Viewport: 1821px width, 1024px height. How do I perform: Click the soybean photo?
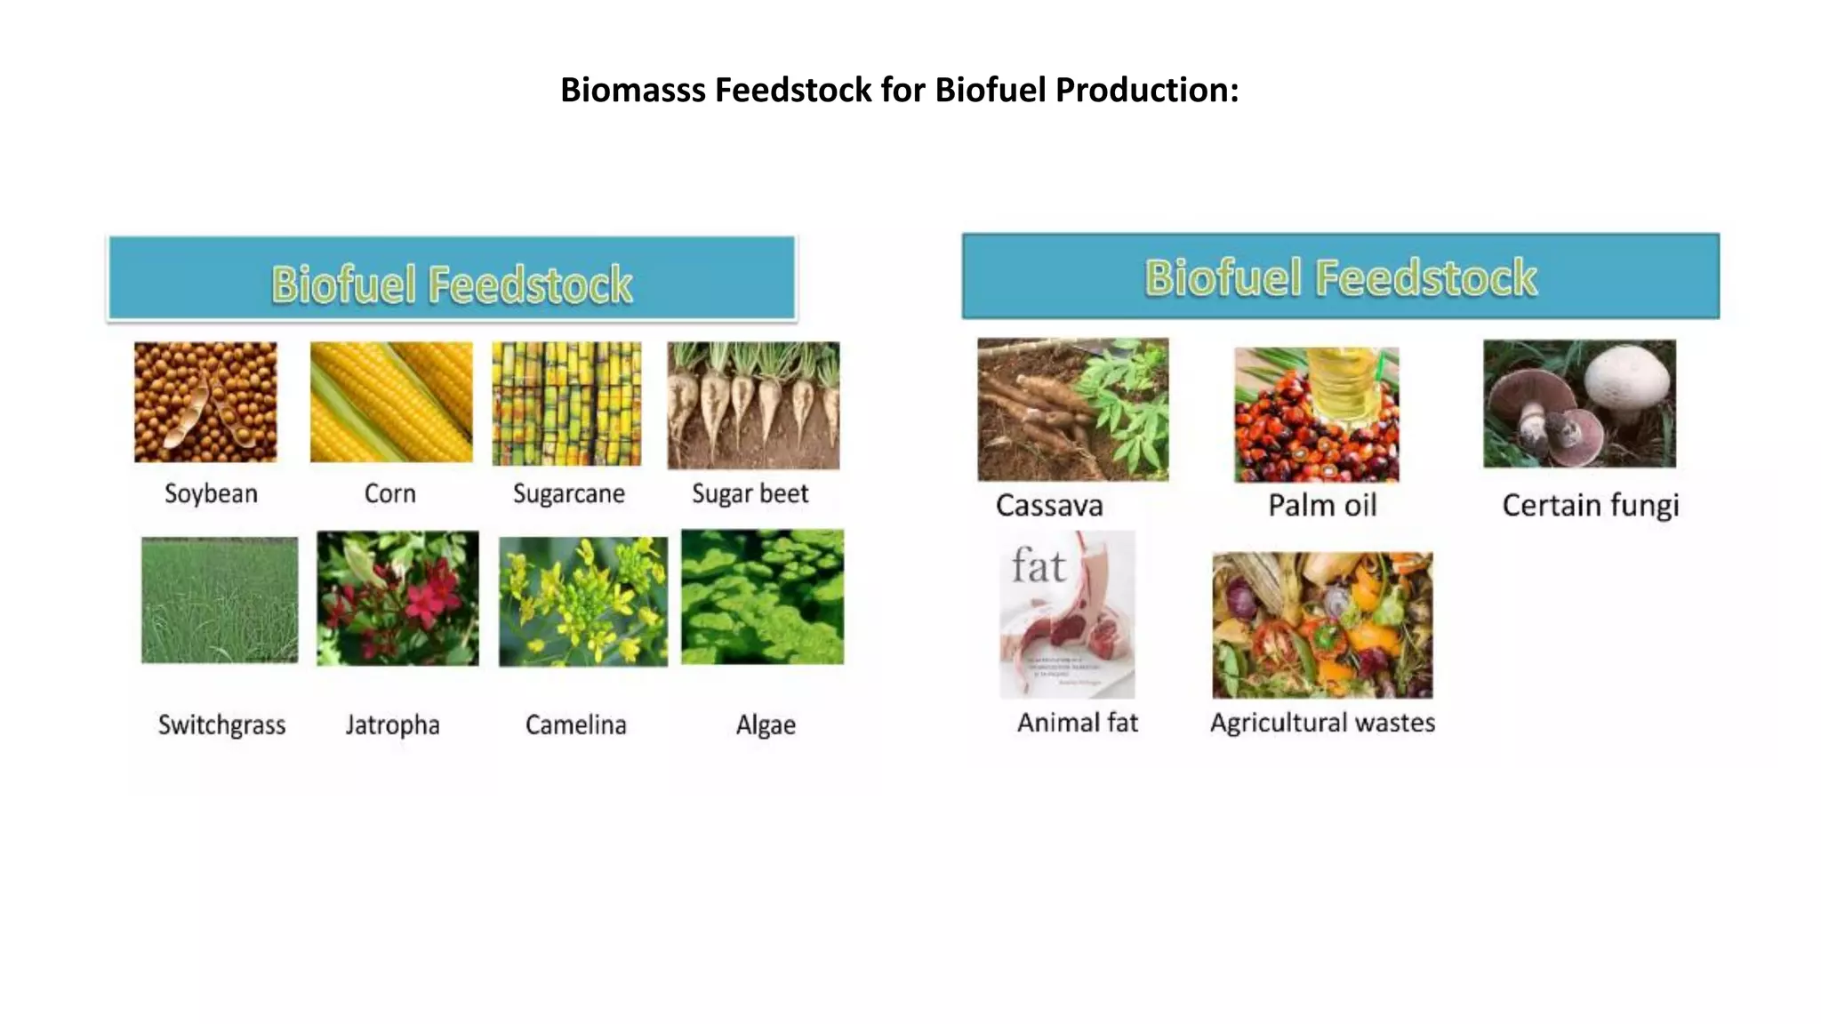click(205, 402)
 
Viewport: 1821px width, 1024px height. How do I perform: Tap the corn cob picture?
click(391, 402)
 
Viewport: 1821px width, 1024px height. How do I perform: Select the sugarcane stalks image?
click(566, 403)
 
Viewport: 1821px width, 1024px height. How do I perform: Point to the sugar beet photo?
click(753, 404)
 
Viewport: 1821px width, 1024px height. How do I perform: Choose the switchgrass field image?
click(220, 599)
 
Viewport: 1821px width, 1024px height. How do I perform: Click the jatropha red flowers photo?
click(397, 598)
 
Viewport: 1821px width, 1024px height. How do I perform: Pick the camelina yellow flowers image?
click(583, 601)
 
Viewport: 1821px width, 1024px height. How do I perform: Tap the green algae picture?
click(763, 596)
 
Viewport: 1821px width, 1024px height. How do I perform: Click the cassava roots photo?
click(1073, 409)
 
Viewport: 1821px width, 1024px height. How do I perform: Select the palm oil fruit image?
click(1316, 414)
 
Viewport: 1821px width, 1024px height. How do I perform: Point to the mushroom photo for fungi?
click(1579, 404)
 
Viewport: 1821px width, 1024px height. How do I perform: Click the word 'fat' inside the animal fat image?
click(1038, 566)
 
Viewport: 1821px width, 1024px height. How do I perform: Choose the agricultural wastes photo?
click(1322, 625)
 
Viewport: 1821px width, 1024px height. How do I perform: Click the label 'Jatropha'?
click(392, 725)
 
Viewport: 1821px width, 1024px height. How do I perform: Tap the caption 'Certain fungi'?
click(1590, 506)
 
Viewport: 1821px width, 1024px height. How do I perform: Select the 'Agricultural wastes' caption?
click(1322, 723)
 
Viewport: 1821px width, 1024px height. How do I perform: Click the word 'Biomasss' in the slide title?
click(632, 90)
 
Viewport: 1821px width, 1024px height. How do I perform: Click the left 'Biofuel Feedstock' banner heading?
click(452, 284)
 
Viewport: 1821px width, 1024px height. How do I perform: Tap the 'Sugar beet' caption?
click(750, 493)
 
